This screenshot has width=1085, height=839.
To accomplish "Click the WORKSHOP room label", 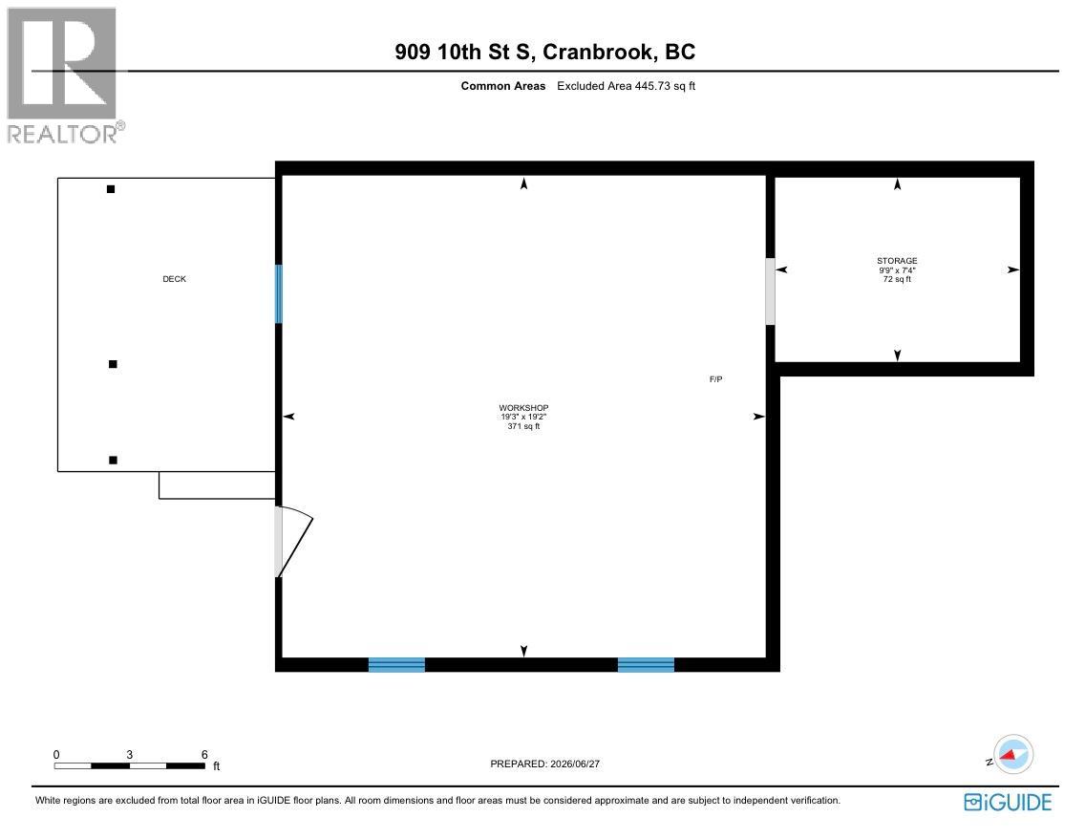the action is [523, 408].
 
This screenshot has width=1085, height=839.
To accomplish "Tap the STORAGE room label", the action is [897, 261].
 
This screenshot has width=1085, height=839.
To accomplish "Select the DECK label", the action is [175, 279].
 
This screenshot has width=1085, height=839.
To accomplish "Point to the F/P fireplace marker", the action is [715, 379].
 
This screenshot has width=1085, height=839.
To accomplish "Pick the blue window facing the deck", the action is [279, 294].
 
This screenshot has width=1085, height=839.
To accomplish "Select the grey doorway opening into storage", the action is [770, 291].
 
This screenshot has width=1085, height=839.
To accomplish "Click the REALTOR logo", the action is [66, 75].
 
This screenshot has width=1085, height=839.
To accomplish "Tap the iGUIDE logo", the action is [1008, 802].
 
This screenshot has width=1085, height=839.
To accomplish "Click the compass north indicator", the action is [1013, 755].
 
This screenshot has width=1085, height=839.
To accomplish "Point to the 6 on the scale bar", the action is [204, 755].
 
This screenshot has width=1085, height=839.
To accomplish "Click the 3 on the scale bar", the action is [129, 755].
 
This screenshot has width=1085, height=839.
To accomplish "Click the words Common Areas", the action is [503, 86].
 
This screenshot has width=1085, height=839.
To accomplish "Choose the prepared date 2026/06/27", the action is [575, 764].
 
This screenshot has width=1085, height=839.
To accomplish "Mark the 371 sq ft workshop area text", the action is [523, 426].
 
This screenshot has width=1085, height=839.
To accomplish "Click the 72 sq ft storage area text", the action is [897, 279].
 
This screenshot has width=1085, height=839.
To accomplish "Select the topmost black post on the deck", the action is [111, 189].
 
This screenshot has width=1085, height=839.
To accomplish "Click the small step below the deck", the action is [217, 485].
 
